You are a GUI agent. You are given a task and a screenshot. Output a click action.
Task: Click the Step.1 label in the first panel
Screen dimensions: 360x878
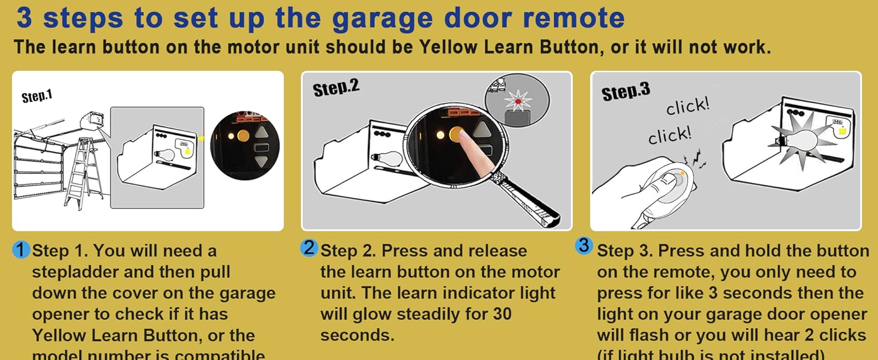tap(37, 97)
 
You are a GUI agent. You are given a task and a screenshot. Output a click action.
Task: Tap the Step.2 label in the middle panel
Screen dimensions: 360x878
tap(336, 89)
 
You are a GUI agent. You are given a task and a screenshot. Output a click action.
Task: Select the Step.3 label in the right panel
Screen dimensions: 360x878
tap(626, 92)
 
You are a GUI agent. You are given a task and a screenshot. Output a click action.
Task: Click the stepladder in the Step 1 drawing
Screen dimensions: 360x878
tap(85, 169)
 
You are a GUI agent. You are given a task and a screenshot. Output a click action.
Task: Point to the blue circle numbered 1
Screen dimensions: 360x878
tap(21, 250)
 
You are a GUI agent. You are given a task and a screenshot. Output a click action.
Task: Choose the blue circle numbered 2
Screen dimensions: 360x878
tap(309, 248)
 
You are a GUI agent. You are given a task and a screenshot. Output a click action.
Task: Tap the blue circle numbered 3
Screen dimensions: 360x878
tap(584, 246)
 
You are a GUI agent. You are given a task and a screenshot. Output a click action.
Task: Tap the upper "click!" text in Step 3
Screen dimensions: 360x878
tap(688, 107)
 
